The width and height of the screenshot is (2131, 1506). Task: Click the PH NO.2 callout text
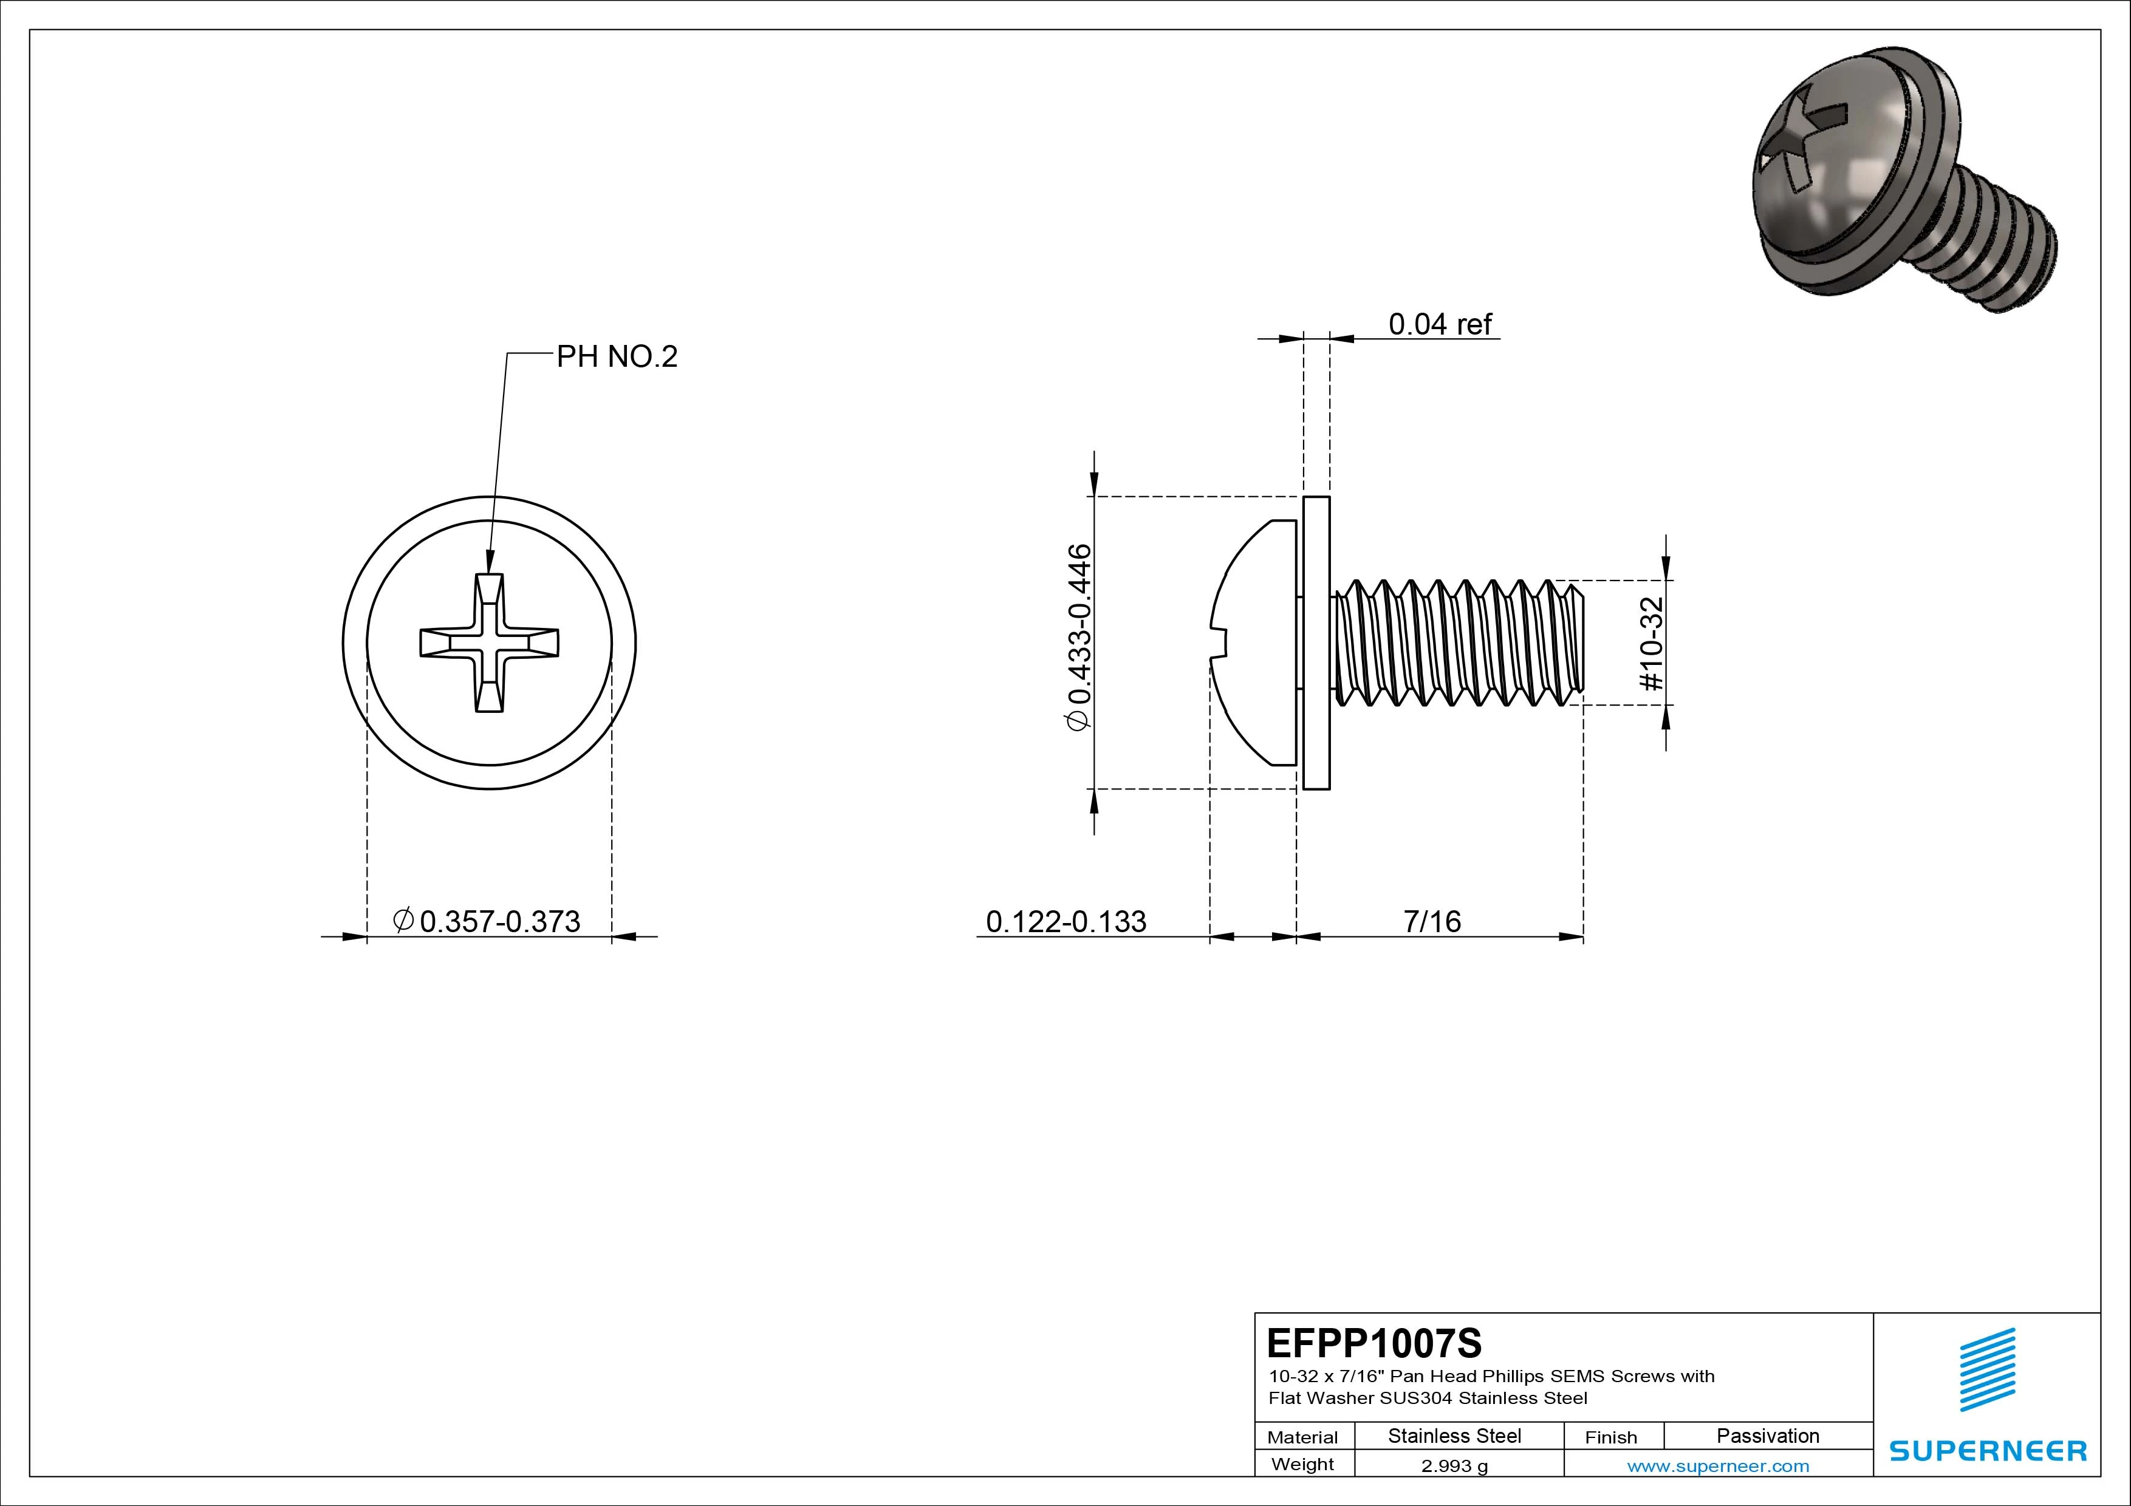(617, 356)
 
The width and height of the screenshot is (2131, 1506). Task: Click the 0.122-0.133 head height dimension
(1065, 921)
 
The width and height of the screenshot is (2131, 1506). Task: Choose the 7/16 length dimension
(1432, 921)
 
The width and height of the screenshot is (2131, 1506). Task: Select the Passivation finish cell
(1767, 1436)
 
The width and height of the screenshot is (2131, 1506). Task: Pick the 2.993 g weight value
(1454, 1466)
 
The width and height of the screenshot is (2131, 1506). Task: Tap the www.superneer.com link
(1718, 1466)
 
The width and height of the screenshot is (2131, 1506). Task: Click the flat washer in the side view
(1316, 643)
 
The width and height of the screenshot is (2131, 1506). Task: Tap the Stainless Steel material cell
(1454, 1436)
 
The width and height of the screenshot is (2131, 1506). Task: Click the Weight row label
(1302, 1464)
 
